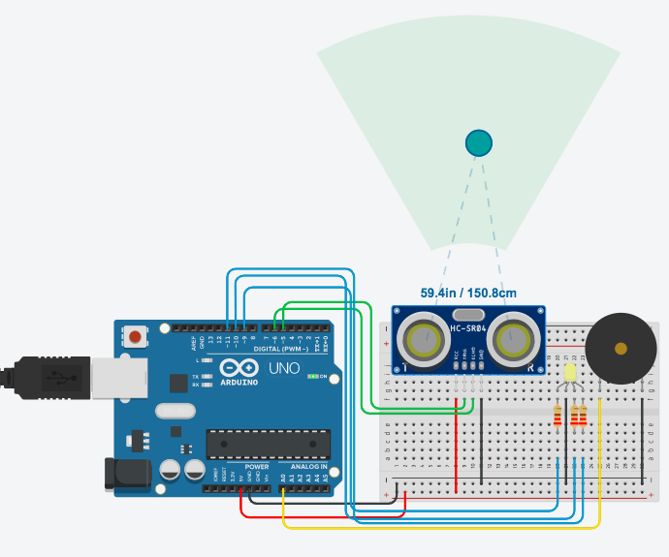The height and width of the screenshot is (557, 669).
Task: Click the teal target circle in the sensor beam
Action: click(479, 142)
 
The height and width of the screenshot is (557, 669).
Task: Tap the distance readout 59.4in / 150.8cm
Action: click(468, 293)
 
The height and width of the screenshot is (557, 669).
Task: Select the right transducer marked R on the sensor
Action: click(513, 339)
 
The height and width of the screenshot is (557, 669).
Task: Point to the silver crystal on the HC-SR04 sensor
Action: click(468, 315)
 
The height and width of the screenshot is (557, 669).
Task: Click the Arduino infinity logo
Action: click(236, 368)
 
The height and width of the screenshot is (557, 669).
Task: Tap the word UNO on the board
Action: click(284, 368)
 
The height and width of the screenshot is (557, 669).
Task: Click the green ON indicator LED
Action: click(311, 376)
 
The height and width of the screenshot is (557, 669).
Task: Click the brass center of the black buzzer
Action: click(621, 348)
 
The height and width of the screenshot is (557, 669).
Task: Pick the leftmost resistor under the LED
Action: click(557, 416)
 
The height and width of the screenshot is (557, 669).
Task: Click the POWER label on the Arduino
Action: click(257, 467)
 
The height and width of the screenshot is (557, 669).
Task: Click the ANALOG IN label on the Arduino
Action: click(308, 467)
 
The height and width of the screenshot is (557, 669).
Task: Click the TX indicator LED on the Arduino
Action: click(207, 376)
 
